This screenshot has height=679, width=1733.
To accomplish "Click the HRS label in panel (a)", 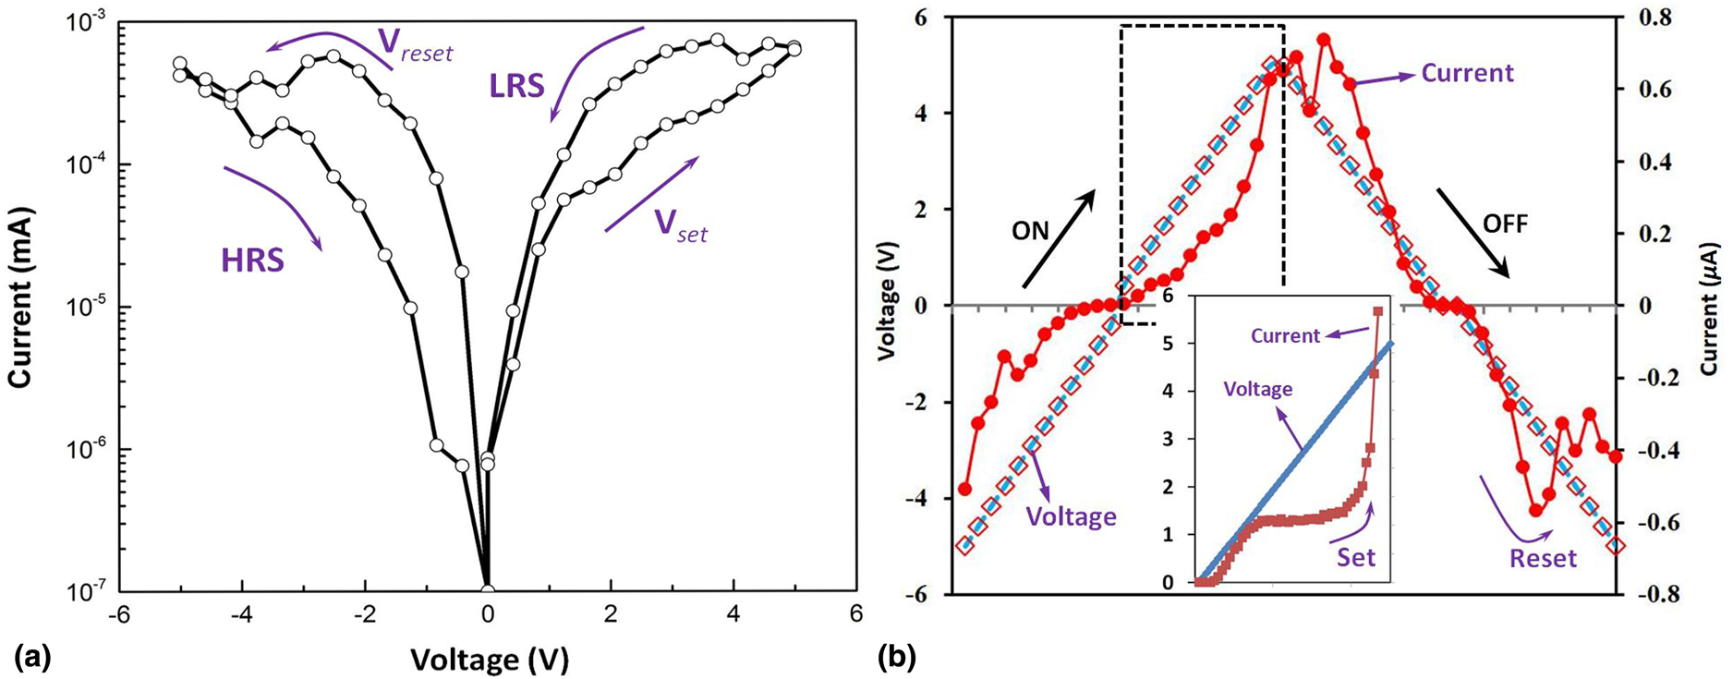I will tap(252, 261).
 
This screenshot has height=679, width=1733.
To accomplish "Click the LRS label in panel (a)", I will tap(517, 87).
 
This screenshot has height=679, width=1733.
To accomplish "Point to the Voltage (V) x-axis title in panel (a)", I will tap(489, 659).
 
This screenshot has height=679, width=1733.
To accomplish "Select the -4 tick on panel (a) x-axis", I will tap(242, 614).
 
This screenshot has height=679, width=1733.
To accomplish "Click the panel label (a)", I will tap(32, 658).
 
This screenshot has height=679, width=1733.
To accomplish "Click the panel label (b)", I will tap(896, 658).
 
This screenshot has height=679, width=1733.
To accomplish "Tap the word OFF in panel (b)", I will tap(1505, 224).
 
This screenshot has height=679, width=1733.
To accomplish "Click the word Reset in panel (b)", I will tap(1543, 558).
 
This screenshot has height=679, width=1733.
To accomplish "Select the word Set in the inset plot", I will tap(1356, 557).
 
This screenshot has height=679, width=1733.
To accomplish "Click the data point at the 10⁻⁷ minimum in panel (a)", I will tap(488, 591).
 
